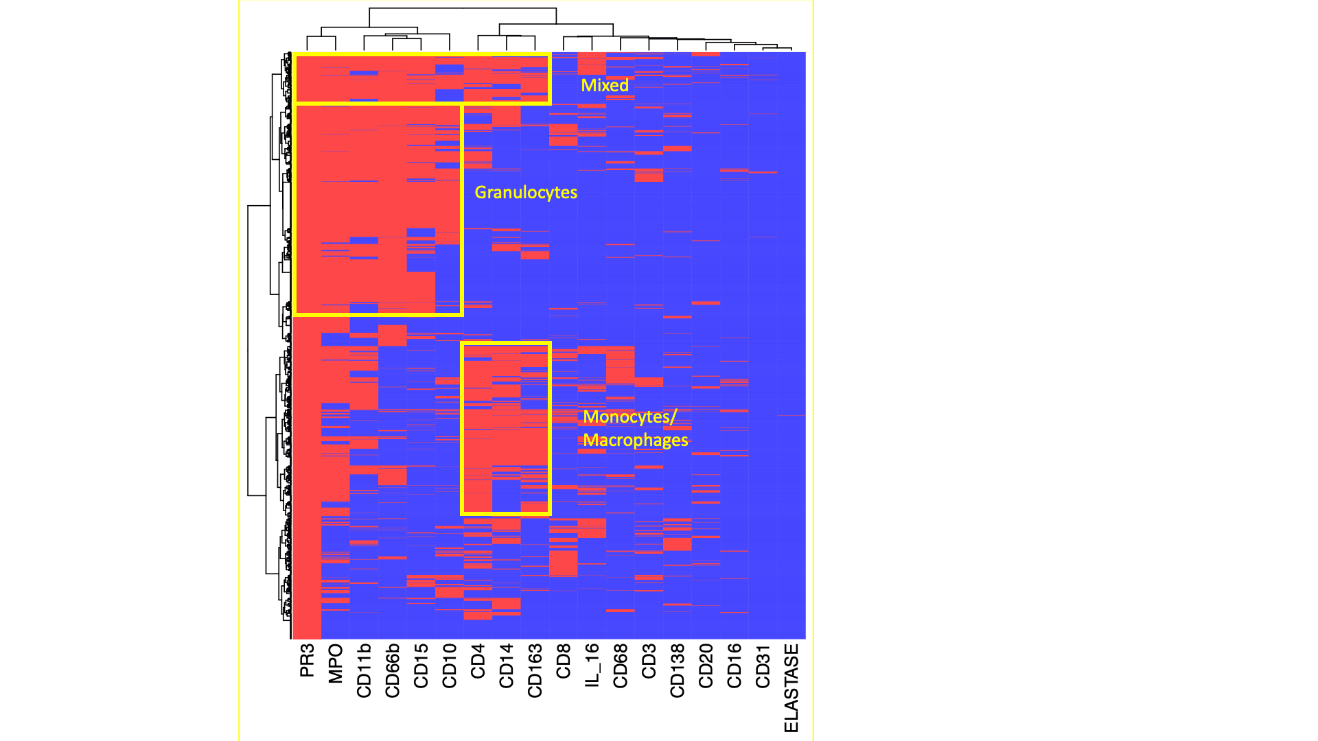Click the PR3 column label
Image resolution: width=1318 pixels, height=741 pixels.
(307, 660)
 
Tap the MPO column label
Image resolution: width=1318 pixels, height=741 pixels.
(336, 663)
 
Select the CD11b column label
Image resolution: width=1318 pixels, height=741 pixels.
(364, 670)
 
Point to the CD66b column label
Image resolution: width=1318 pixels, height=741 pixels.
(393, 670)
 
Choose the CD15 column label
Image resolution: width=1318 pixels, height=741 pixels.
(421, 666)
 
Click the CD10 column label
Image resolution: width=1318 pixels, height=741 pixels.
(450, 666)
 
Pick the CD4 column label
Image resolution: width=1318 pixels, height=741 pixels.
(478, 661)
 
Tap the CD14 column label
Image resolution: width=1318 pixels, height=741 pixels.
(507, 666)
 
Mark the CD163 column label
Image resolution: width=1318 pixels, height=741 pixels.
(535, 670)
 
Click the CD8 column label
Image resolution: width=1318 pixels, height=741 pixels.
(564, 661)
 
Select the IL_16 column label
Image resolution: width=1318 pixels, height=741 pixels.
(592, 665)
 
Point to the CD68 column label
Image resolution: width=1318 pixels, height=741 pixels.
(621, 666)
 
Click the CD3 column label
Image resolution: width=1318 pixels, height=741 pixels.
(649, 661)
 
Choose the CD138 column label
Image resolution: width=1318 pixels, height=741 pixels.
(678, 670)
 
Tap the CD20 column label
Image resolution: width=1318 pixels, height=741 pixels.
(706, 666)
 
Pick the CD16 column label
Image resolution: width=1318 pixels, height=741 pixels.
(735, 666)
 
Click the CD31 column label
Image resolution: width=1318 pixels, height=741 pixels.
(763, 666)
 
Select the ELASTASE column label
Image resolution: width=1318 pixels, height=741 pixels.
(791, 687)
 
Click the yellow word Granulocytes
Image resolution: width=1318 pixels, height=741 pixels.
(526, 193)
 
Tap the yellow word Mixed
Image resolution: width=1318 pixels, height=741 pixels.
(605, 86)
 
